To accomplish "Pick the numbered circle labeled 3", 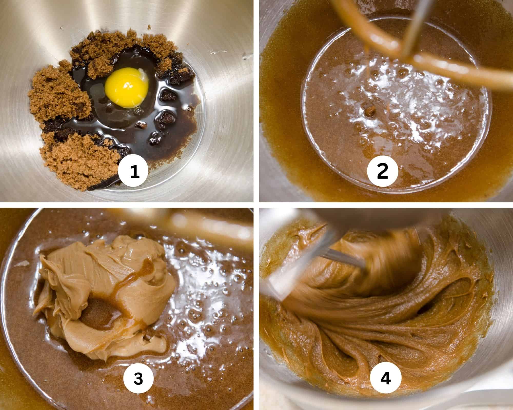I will (138, 378).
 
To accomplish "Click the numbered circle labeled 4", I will (386, 378).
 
